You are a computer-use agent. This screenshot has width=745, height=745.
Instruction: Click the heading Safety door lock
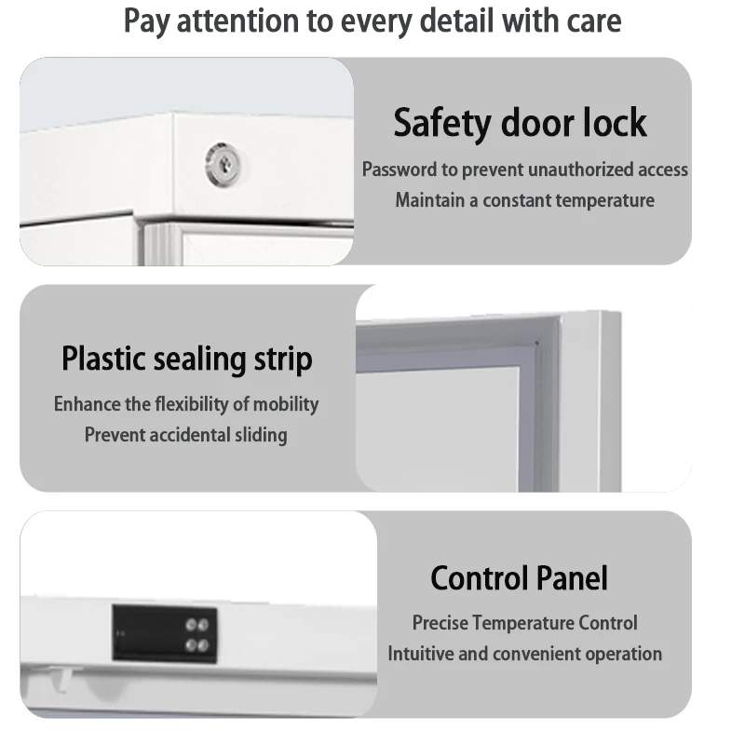520,123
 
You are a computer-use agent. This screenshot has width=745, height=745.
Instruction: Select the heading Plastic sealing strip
187,359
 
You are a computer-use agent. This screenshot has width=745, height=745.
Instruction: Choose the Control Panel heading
519,578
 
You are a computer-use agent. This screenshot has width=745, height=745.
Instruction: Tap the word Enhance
89,404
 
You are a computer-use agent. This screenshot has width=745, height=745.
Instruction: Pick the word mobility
285,404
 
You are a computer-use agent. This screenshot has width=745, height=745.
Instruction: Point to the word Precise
440,623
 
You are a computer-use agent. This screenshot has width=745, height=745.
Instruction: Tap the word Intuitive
422,654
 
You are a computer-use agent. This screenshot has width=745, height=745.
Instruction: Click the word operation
624,654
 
